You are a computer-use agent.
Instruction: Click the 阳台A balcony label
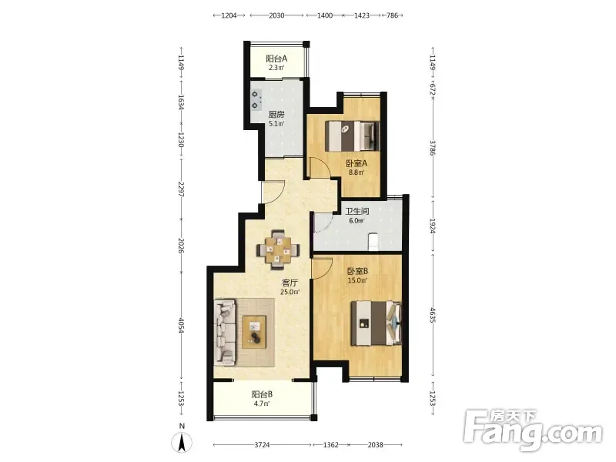tap(276, 59)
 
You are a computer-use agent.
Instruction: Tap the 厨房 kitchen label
tap(276, 115)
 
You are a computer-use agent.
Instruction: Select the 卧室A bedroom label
tap(357, 163)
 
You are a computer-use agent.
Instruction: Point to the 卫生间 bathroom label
tap(357, 211)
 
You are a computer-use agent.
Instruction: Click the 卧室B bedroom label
tap(357, 271)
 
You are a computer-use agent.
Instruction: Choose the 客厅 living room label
tap(290, 283)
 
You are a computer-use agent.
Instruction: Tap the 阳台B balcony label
tap(262, 394)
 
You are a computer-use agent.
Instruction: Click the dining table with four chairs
tap(278, 249)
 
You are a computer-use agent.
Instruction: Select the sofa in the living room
tap(225, 331)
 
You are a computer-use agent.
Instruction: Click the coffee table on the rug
tap(254, 332)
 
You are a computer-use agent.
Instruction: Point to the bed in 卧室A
tap(353, 136)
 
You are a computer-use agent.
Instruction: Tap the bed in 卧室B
tap(376, 323)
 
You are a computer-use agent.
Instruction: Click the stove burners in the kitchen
tap(256, 100)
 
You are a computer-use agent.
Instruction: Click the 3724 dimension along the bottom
tap(262, 445)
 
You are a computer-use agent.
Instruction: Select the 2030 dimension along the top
tap(276, 15)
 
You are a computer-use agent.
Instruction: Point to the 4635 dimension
tap(433, 316)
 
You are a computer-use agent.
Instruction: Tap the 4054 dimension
tap(181, 326)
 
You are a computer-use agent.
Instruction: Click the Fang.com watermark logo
tap(533, 430)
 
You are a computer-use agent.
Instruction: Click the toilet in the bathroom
tap(373, 241)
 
